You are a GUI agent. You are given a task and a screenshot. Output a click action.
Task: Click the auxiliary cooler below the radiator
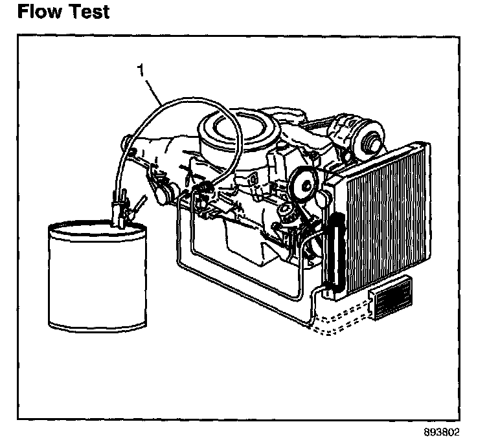tap(392, 299)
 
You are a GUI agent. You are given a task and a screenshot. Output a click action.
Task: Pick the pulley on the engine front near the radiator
tap(300, 181)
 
